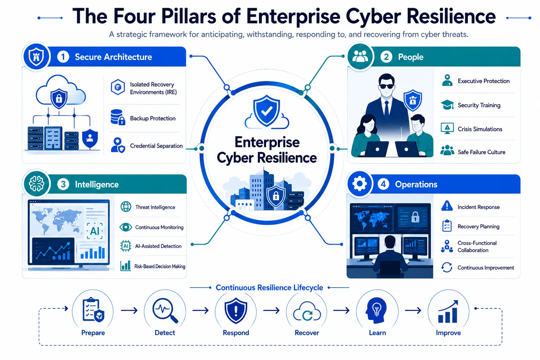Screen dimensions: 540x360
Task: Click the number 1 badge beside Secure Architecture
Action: tap(63, 57)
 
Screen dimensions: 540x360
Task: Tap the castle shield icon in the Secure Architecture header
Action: tap(36, 57)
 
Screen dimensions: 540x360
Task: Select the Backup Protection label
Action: tap(153, 118)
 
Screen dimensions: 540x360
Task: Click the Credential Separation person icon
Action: tap(118, 145)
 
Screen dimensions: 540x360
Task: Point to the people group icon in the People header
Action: tap(360, 57)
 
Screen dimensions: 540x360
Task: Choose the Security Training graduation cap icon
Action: tap(447, 105)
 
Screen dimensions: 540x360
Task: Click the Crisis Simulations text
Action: tap(480, 129)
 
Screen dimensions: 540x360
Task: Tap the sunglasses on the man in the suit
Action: tap(386, 86)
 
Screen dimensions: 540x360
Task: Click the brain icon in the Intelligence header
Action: tap(37, 184)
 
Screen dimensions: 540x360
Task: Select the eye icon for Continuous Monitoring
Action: tap(126, 227)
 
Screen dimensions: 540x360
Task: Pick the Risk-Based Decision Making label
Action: tap(160, 266)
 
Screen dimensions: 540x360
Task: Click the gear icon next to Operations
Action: tap(359, 184)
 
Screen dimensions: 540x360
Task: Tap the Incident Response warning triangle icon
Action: tap(447, 206)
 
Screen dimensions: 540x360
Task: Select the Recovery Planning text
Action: tap(478, 226)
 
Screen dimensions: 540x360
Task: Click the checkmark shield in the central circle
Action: tap(266, 110)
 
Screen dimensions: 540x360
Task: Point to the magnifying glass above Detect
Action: tap(165, 310)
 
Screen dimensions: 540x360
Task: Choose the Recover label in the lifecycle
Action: tap(307, 333)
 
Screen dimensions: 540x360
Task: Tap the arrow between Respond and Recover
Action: tap(271, 310)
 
